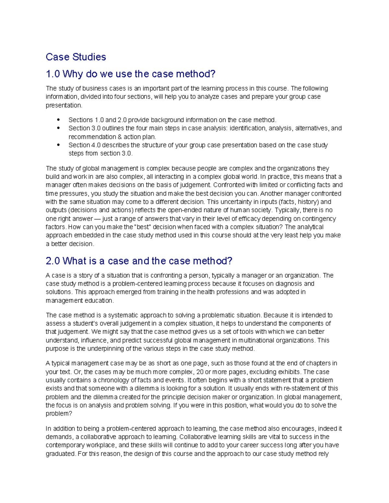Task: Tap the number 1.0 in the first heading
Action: [x=53, y=74]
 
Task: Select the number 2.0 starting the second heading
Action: [x=53, y=261]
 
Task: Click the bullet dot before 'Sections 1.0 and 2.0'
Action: [x=58, y=120]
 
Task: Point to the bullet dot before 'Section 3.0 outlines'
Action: [x=58, y=128]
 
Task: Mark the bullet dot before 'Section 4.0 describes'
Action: [x=58, y=145]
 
